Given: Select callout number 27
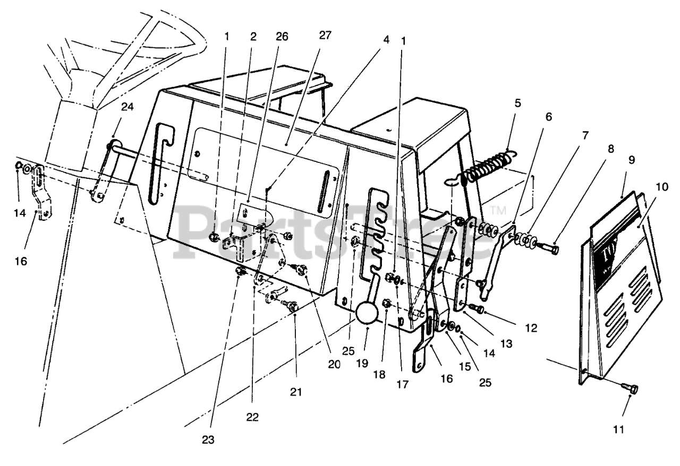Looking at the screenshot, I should (x=325, y=36).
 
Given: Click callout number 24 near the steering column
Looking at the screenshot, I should (x=127, y=107).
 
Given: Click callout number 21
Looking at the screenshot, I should (x=296, y=392).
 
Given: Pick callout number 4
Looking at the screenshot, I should (x=386, y=39).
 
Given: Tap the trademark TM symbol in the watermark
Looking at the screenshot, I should (x=497, y=210).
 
